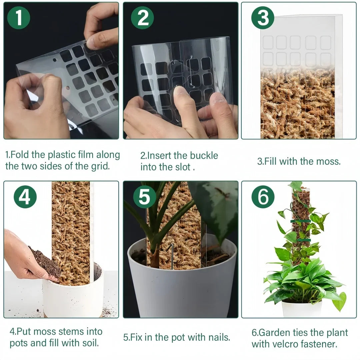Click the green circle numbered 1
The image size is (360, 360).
(19, 18)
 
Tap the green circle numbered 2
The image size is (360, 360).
(142, 18)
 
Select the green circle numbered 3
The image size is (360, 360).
(263, 18)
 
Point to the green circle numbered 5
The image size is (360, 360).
(144, 197)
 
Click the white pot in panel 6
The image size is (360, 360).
(302, 309)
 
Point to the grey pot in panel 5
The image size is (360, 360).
(182, 287)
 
